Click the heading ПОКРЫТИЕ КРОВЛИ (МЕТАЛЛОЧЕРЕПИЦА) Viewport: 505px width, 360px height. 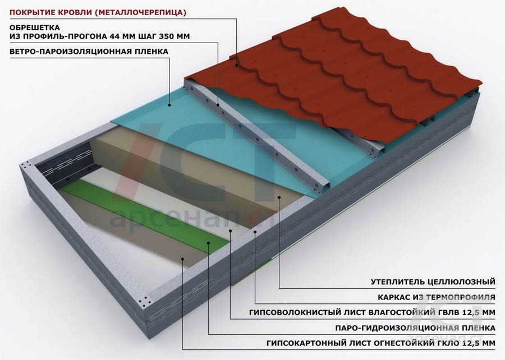point(98,12)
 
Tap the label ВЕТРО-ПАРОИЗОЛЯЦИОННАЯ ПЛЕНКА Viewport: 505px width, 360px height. point(89,52)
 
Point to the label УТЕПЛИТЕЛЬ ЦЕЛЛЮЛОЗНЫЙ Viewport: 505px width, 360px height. point(433,282)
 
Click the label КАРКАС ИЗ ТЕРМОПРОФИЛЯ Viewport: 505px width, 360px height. point(437,297)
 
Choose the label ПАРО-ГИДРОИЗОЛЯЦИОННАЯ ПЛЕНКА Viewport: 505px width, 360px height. point(415,328)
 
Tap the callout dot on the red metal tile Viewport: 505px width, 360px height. point(237,65)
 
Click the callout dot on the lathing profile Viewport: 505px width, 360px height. point(218,105)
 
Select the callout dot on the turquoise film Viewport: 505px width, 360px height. point(169,105)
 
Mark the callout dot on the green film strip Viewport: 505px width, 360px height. point(208,243)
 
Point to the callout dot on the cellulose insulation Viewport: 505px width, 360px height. point(279,197)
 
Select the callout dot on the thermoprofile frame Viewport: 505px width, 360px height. point(255,232)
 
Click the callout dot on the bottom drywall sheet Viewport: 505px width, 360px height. point(182,259)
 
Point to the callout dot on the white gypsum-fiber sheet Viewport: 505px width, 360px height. point(231,230)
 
